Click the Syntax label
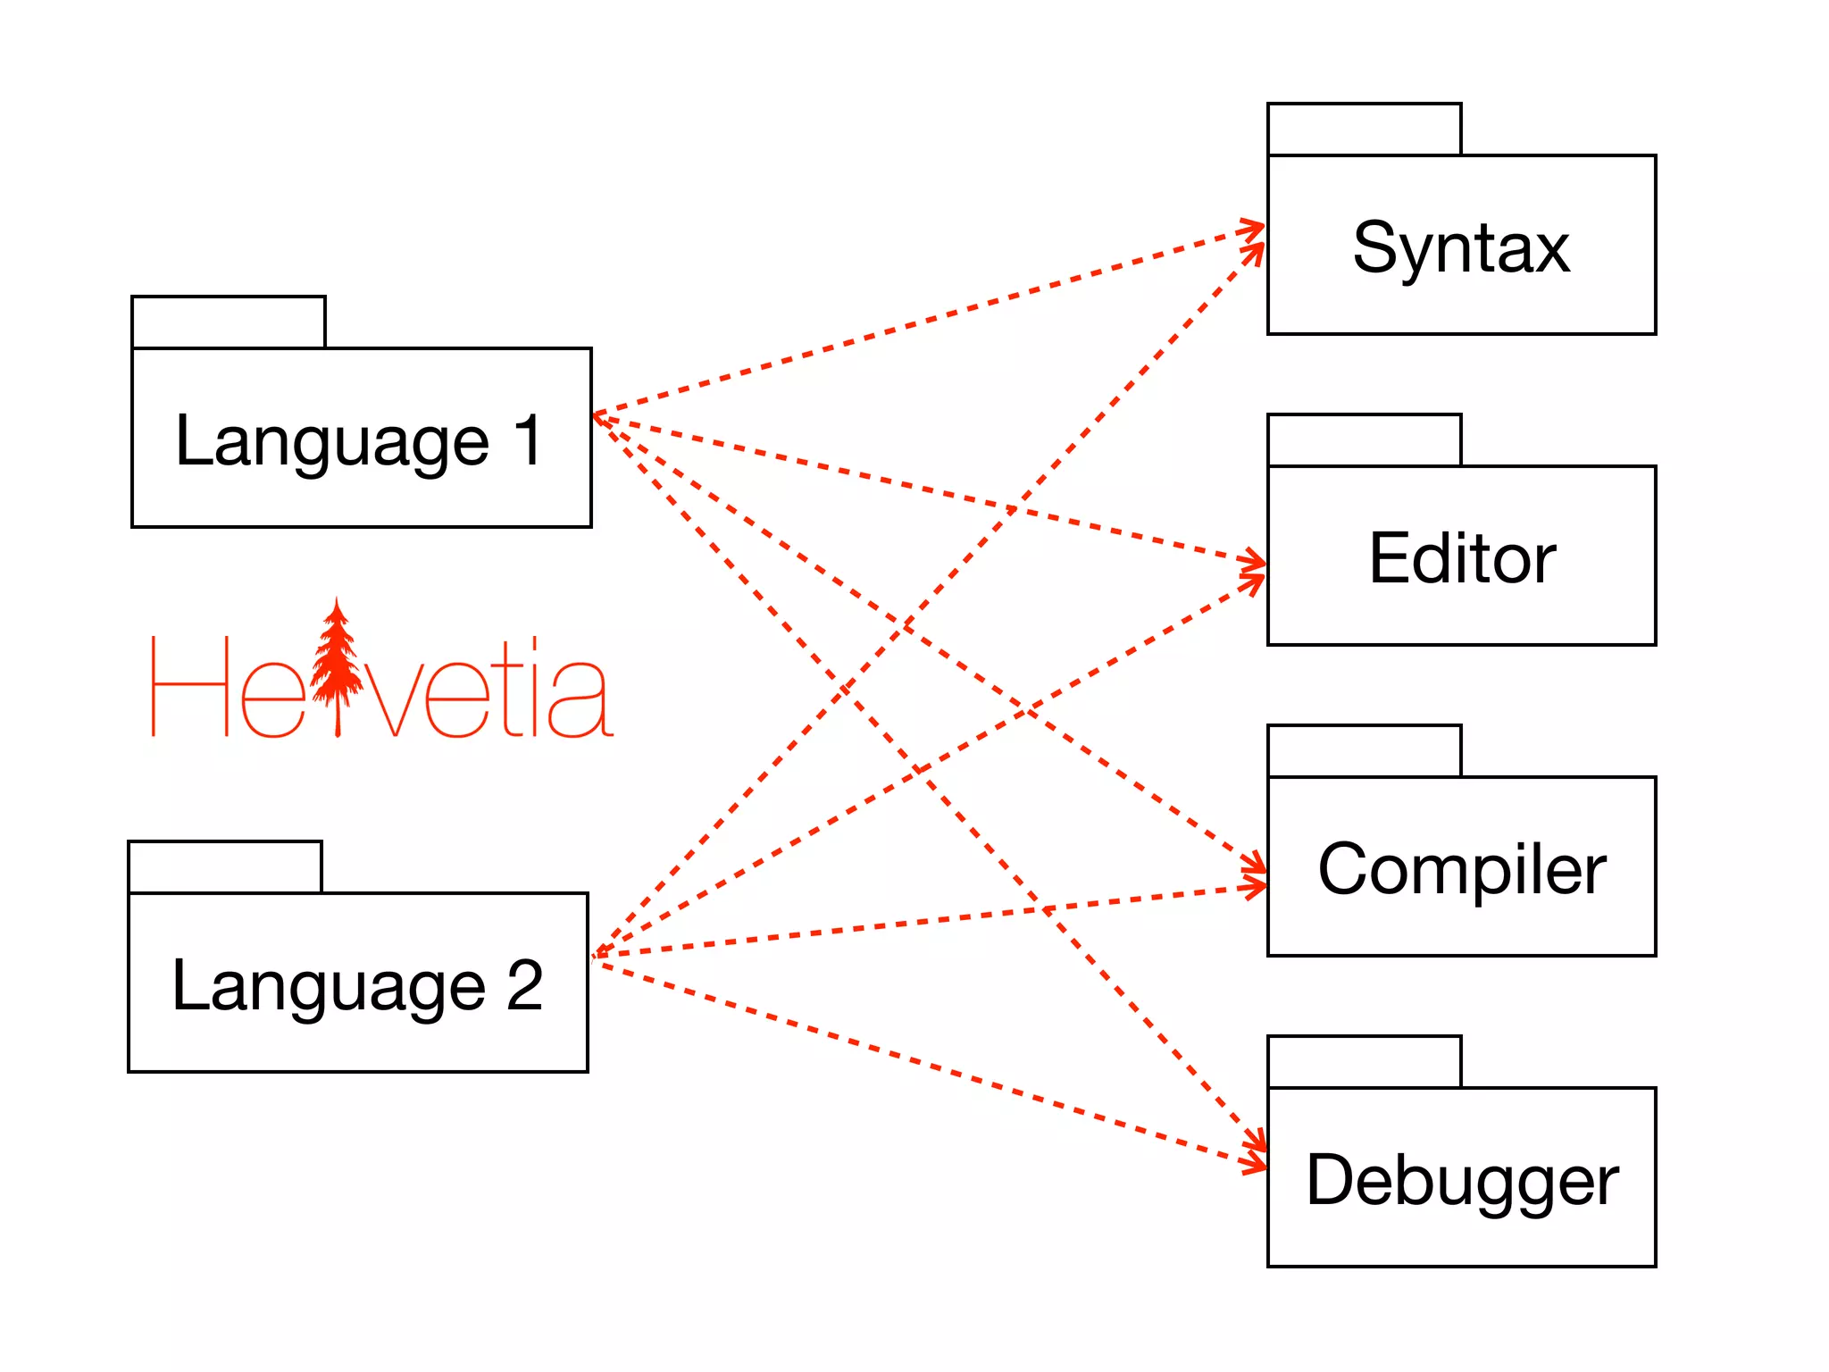[1461, 247]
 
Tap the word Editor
[1462, 558]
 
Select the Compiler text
[1462, 869]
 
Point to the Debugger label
[1462, 1180]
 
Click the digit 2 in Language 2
[524, 985]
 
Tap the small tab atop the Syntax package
[1364, 130]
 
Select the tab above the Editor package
[1364, 440]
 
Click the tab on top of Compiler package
[1364, 751]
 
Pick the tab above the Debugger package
[1364, 1062]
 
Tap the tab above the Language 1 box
[229, 322]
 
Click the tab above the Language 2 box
[225, 867]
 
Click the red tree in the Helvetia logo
[337, 665]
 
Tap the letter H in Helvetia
[190, 687]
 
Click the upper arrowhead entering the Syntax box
[1256, 228]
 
